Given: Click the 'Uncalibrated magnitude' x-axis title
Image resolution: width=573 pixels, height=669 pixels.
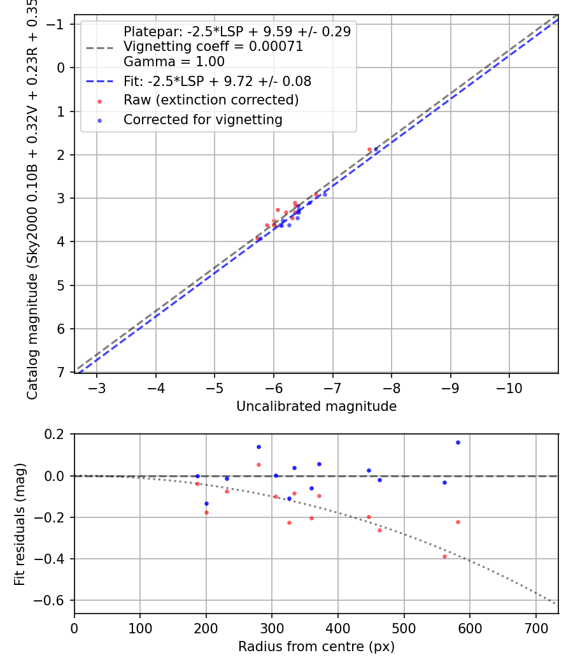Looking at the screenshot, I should (x=316, y=406).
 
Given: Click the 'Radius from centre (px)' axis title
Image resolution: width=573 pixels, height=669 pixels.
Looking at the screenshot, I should (x=316, y=647).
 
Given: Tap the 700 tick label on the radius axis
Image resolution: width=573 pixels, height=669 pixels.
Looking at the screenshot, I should (x=535, y=629).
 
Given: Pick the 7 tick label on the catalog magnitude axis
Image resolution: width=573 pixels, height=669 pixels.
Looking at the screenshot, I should (x=62, y=372).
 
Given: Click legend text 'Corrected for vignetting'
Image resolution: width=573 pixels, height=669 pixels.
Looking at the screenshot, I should (x=203, y=120).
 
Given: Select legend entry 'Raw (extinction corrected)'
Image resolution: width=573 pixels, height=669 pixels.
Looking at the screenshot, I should (x=211, y=100).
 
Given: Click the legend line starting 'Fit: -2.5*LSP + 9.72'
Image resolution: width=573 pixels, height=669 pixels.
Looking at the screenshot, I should (x=217, y=82).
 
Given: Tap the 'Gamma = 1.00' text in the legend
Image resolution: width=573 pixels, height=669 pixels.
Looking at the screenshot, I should (x=174, y=62).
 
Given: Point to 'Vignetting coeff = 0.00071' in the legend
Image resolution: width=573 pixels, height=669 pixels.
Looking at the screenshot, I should (x=213, y=47).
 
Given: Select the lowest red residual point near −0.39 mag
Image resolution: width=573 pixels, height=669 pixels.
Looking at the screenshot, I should (x=444, y=556).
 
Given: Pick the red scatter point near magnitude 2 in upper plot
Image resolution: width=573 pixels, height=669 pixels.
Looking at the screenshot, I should (x=369, y=149).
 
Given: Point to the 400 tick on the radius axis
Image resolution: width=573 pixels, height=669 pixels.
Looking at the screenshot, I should (x=337, y=629).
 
